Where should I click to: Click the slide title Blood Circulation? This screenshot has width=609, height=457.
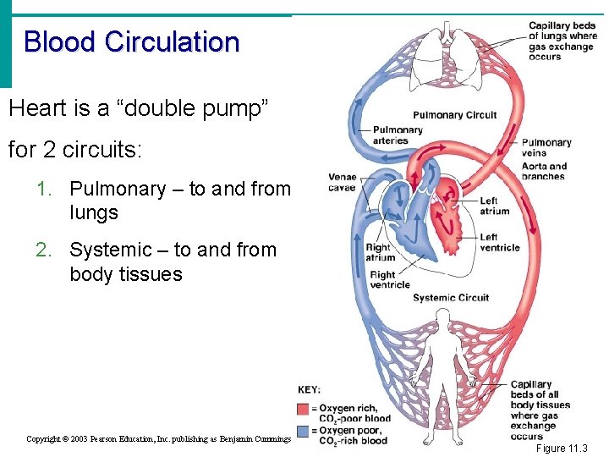tap(131, 41)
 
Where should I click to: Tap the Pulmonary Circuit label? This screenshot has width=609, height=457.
tap(454, 115)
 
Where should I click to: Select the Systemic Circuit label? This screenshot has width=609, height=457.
tap(451, 298)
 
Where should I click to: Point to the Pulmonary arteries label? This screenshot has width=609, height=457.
tap(398, 135)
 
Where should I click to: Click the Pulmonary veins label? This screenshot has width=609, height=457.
tap(546, 147)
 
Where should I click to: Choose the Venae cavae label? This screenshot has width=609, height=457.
tap(343, 182)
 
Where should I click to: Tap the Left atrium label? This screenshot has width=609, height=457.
tap(494, 206)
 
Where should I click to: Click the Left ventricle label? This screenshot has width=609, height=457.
tap(499, 242)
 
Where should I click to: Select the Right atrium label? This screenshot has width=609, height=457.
tap(381, 253)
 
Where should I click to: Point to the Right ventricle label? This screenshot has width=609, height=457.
tap(389, 279)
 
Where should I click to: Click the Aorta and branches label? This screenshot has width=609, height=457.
tap(545, 171)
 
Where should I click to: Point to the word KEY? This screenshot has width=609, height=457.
tap(309, 390)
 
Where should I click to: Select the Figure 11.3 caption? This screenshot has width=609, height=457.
tap(562, 449)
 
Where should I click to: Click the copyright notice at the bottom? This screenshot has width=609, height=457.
tap(158, 438)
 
